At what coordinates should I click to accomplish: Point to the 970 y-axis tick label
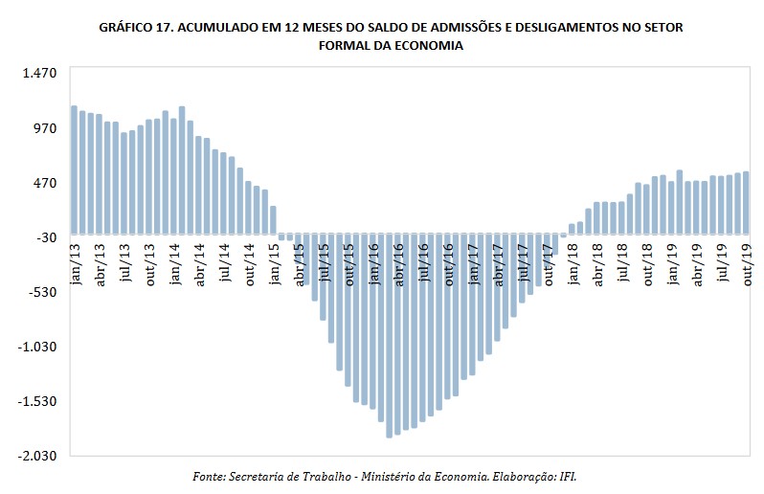[x=46, y=127]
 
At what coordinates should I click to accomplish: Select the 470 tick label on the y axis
[x=46, y=182]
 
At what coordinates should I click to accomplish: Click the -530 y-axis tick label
[x=42, y=292]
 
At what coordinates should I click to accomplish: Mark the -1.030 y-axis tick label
[x=38, y=347]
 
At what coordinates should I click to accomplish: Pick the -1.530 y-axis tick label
[x=38, y=401]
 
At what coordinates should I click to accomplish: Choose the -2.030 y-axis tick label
[x=38, y=457]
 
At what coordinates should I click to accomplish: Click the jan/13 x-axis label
[x=75, y=259]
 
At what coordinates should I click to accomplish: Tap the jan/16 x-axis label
[x=373, y=259]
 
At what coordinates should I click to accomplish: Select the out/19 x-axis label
[x=747, y=259]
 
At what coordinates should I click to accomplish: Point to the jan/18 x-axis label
[x=573, y=259]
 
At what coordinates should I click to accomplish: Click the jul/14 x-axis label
[x=224, y=259]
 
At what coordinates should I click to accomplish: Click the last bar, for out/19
[x=747, y=202]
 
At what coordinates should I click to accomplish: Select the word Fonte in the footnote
[x=208, y=475]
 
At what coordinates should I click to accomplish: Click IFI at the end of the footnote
[x=565, y=475]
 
